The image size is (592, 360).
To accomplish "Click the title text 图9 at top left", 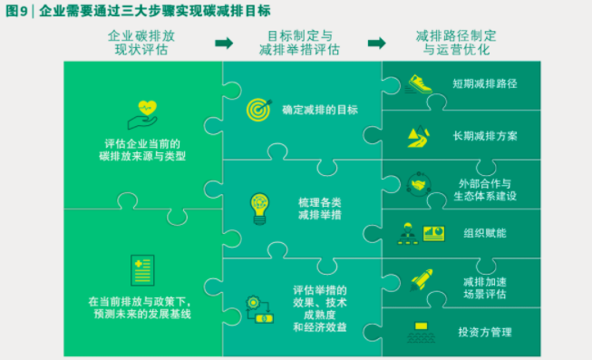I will (17, 11).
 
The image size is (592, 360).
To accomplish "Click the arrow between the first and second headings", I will (223, 43).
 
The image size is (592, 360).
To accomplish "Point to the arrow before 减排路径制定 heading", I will (376, 43).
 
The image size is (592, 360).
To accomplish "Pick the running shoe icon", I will (419, 83).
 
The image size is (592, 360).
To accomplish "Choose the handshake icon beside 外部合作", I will (419, 184).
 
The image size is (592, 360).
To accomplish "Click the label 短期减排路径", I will (485, 83).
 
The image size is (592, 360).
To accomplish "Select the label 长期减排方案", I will (485, 136).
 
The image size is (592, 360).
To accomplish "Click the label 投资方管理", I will (485, 332).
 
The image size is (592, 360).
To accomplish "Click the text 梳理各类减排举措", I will (319, 208).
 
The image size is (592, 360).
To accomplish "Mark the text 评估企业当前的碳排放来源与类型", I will (142, 150).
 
